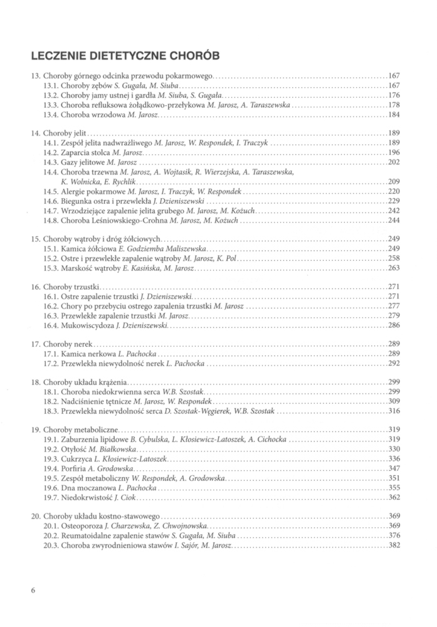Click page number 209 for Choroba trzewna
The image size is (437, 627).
click(394, 181)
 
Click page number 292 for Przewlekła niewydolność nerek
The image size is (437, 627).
click(394, 363)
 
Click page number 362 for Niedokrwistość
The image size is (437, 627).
click(394, 497)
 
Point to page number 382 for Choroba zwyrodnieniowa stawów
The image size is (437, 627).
click(394, 545)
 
